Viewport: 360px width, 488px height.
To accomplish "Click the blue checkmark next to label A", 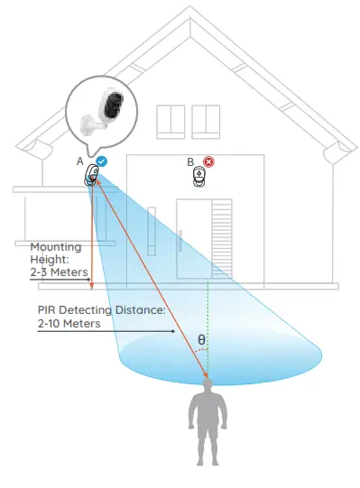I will tap(102, 161).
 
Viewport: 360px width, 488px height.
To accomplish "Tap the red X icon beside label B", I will tap(209, 162).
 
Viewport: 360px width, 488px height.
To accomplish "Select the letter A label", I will tap(80, 161).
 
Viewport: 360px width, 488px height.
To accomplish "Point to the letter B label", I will tap(190, 162).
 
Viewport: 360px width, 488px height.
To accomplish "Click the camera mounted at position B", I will tap(200, 178).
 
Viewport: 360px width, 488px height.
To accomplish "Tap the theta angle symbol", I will tap(201, 341).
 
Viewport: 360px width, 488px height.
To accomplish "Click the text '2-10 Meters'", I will tap(69, 324).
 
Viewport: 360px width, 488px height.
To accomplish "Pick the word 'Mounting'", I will tap(56, 246).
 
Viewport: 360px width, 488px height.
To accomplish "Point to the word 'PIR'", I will tap(48, 309).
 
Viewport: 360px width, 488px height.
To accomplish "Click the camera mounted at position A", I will tap(91, 176).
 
